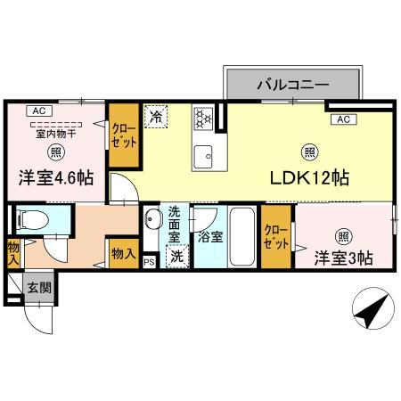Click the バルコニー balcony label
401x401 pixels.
[293, 86]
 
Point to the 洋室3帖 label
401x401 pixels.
[342, 259]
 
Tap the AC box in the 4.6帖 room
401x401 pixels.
[37, 110]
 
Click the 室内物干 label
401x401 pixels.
[55, 134]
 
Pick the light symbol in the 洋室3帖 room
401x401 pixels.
[343, 236]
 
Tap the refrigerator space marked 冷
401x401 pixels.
[157, 117]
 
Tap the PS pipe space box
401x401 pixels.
[149, 261]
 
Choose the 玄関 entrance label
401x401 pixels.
[38, 288]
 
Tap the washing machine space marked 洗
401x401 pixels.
[176, 255]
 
